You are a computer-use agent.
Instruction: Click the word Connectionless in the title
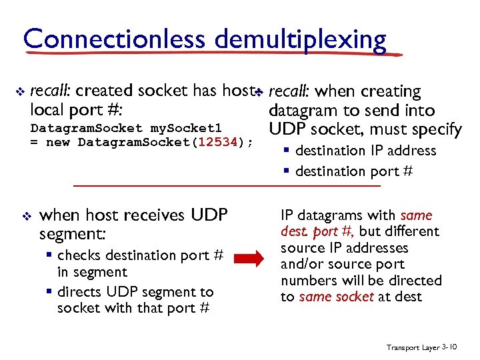(x=115, y=39)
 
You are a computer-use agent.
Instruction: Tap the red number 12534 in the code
(x=214, y=142)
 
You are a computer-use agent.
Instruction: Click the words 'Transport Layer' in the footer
(x=413, y=347)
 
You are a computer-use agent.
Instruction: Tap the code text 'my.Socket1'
(x=185, y=127)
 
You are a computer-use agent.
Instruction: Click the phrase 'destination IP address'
(x=365, y=151)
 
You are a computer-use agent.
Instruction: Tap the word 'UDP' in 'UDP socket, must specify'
(x=287, y=129)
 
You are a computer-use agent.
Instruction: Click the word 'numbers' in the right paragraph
(x=307, y=281)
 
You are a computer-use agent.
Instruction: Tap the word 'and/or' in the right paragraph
(x=302, y=264)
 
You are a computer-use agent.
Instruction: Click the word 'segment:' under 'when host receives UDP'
(x=71, y=235)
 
